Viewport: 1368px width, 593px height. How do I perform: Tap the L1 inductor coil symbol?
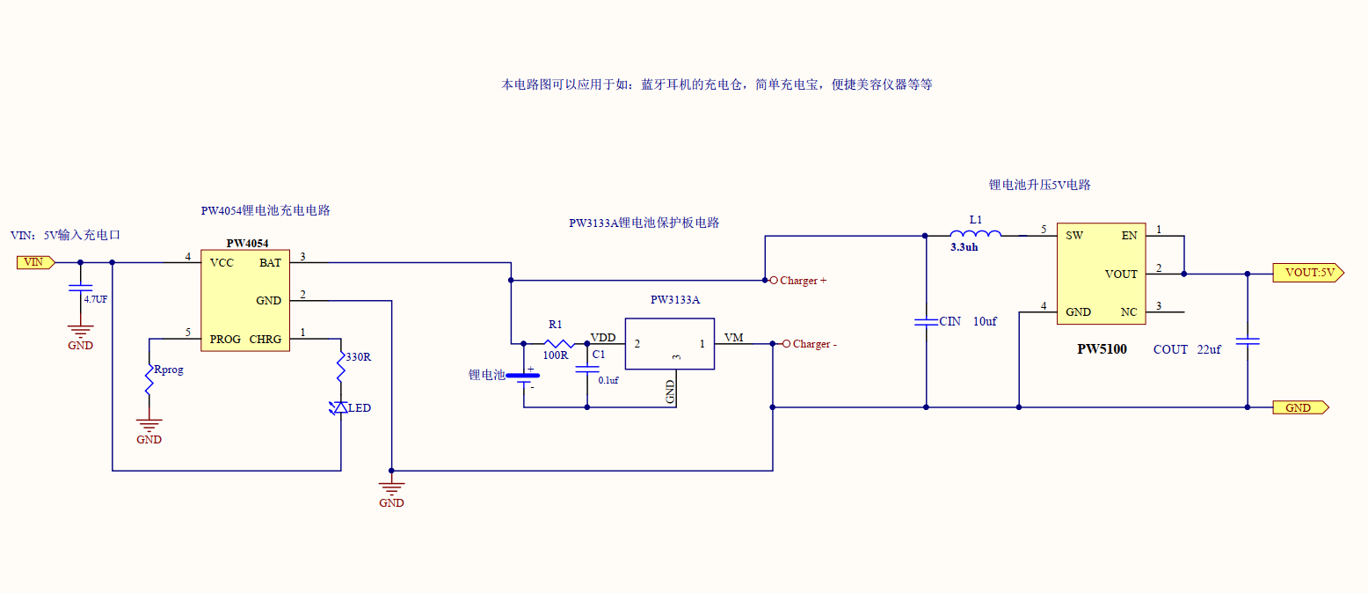click(975, 234)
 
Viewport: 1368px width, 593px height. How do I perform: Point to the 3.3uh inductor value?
click(964, 248)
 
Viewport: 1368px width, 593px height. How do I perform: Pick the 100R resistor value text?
click(555, 355)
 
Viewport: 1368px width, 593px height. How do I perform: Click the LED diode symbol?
click(339, 408)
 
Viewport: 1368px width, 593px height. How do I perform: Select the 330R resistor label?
click(358, 357)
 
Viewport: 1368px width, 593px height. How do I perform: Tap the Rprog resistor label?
click(168, 370)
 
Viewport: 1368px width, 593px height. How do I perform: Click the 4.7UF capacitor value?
click(96, 299)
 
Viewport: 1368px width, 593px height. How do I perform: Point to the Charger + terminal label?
click(804, 281)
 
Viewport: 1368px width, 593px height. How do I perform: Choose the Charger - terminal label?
click(814, 344)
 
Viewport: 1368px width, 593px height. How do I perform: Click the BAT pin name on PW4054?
click(270, 262)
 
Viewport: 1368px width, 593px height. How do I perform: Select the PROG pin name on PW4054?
click(225, 340)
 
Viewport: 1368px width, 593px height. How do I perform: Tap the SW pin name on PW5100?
click(1074, 236)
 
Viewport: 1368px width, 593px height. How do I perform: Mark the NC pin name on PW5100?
click(1129, 312)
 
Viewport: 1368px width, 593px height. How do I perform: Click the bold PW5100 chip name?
click(1102, 349)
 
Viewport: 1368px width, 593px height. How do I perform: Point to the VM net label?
click(733, 338)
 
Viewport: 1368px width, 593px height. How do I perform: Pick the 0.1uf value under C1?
click(608, 380)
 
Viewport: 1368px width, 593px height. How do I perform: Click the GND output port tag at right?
click(1299, 407)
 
